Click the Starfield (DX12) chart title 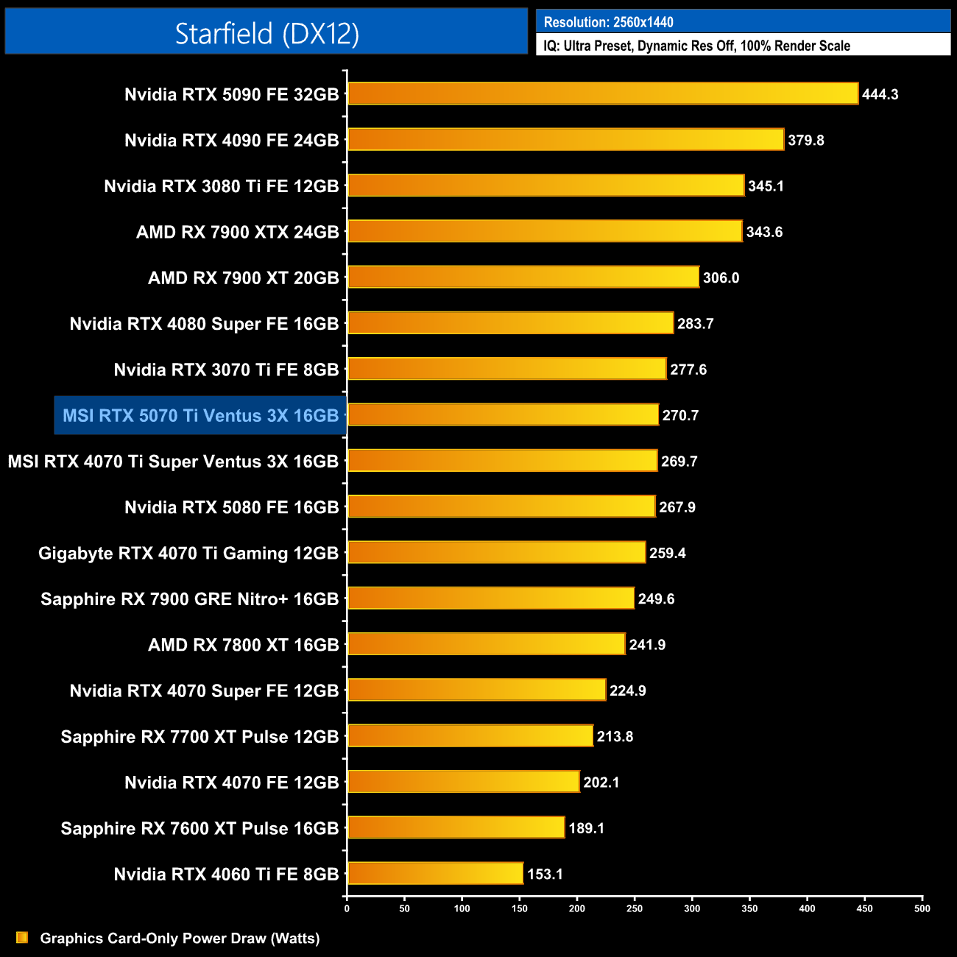[x=266, y=33]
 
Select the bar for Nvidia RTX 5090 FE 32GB [x=602, y=93]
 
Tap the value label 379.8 [x=805, y=140]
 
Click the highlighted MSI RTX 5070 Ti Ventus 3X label [x=200, y=415]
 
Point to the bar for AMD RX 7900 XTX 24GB [x=545, y=231]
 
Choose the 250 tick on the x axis [x=635, y=908]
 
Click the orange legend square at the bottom [x=22, y=937]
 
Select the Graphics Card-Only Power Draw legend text [x=180, y=938]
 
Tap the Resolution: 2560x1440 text [x=608, y=22]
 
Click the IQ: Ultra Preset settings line [x=696, y=46]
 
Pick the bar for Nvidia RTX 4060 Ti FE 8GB [x=435, y=873]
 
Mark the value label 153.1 [x=545, y=874]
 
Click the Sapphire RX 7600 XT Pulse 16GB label [x=199, y=828]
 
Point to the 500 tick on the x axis [x=922, y=908]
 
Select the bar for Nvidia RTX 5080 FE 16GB [x=501, y=506]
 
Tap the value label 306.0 [x=721, y=278]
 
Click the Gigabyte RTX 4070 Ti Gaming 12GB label [x=188, y=553]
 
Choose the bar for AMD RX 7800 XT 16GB [x=486, y=644]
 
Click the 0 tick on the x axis [x=347, y=908]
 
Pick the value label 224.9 [x=627, y=691]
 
